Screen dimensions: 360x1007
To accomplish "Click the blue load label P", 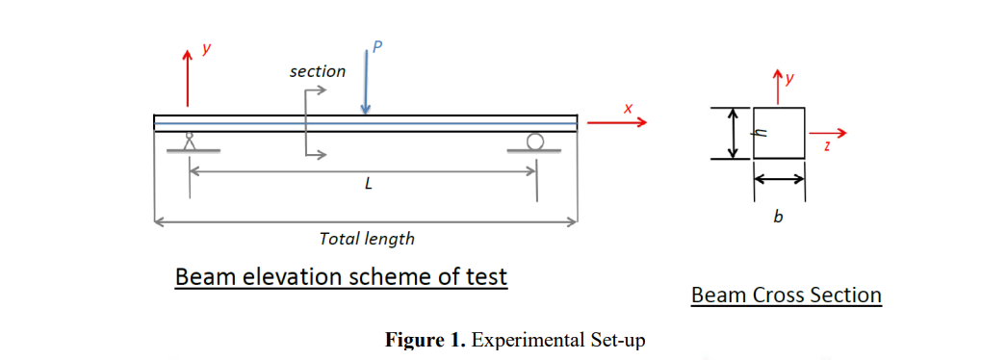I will point(376,48).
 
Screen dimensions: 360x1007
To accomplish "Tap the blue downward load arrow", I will point(365,87).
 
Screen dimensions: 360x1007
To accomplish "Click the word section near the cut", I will point(318,71).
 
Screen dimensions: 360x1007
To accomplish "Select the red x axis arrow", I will point(616,122).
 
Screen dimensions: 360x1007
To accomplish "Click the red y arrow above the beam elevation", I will point(188,77).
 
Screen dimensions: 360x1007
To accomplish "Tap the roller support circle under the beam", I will point(535,142).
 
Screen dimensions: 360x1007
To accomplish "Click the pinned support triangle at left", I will point(190,142).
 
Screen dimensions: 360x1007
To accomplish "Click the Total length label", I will point(367,239).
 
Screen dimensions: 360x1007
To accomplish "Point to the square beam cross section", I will point(779,133).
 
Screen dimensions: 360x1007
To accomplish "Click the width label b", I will point(778,217).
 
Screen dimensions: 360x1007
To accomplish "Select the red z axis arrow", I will point(830,133).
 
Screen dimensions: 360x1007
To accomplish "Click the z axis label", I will point(827,147).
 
